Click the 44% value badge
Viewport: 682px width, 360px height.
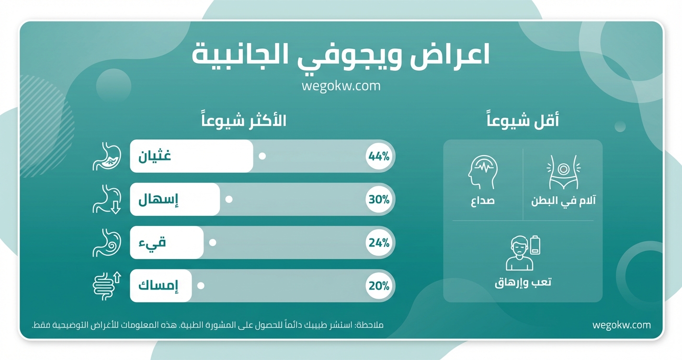(x=379, y=157)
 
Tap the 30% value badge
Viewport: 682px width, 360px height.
(x=379, y=200)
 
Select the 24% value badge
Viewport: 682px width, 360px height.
(x=379, y=243)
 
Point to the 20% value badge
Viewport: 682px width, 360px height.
(x=379, y=286)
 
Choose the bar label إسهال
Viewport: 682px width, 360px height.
(x=158, y=200)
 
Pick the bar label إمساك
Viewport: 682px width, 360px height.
(x=158, y=286)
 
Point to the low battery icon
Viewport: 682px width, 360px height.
(x=535, y=245)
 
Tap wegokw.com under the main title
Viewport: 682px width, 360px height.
(x=341, y=86)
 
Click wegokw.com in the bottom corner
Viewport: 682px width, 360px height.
(x=621, y=325)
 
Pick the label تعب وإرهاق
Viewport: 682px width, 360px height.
(x=523, y=282)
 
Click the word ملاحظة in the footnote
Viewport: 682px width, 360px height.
(x=370, y=326)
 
